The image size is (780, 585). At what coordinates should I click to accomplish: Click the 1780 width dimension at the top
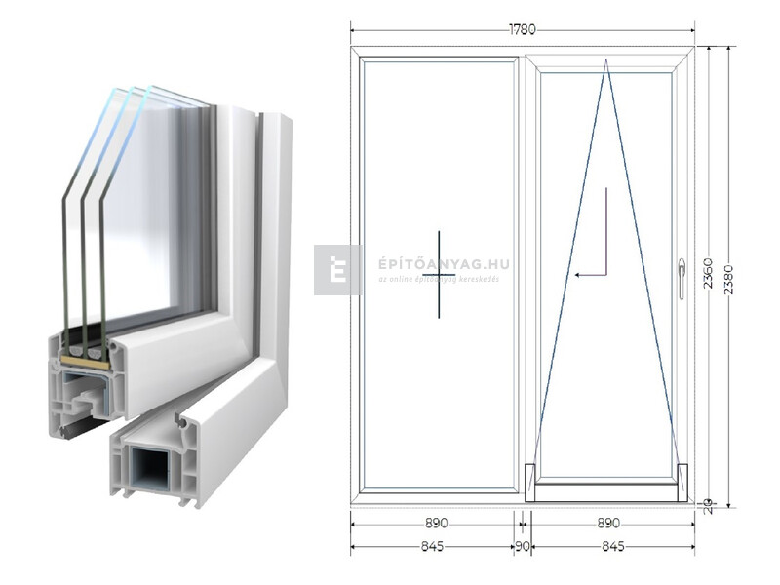click(x=523, y=29)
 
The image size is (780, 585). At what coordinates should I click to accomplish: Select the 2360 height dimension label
click(x=709, y=276)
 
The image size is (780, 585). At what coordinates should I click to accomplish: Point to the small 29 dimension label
click(x=709, y=506)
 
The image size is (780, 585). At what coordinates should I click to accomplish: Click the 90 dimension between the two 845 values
click(x=523, y=547)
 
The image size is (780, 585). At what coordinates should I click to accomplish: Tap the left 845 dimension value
click(x=433, y=547)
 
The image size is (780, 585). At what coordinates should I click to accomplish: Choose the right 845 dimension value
click(x=612, y=547)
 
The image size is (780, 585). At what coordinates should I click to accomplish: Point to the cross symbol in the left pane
click(x=439, y=274)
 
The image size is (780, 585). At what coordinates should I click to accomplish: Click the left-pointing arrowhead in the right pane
click(x=578, y=276)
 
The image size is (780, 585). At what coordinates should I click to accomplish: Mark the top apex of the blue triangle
click(x=605, y=60)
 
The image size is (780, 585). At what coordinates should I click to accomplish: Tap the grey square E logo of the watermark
click(x=337, y=269)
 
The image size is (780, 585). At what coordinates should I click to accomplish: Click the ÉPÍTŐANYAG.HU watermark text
click(x=443, y=264)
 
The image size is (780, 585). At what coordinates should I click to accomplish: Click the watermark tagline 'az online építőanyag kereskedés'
click(x=439, y=280)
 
